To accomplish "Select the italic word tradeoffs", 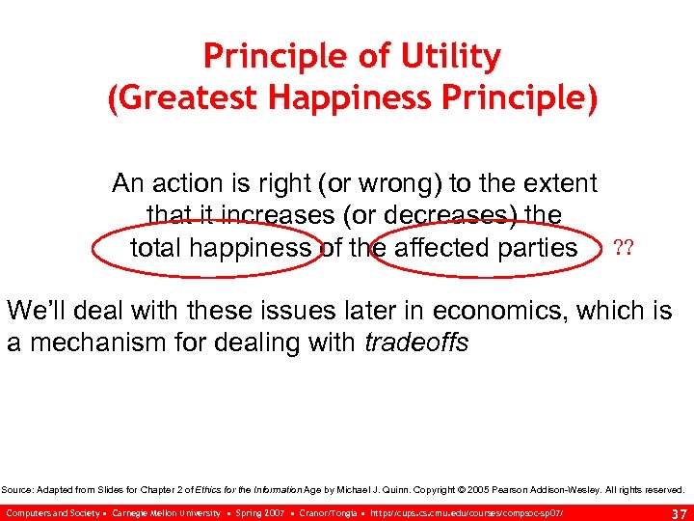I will (416, 343).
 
